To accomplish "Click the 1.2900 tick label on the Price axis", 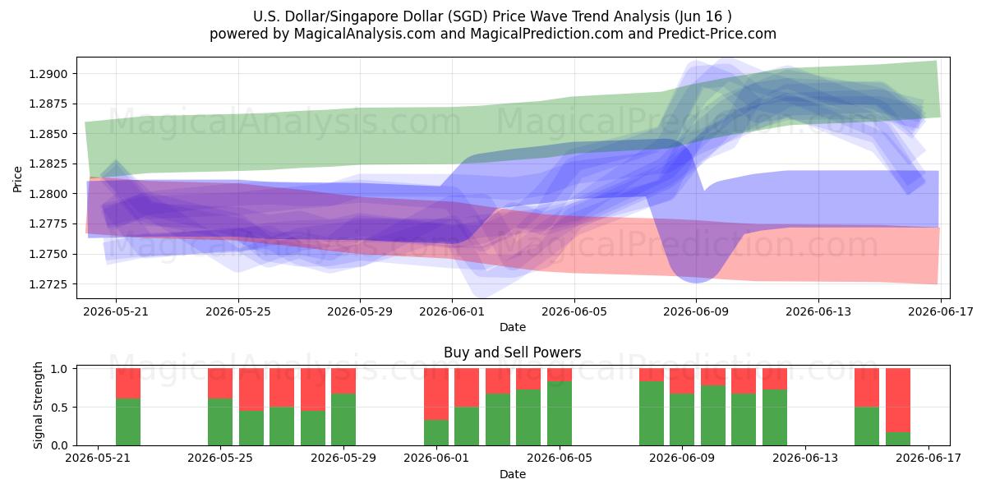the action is (x=48, y=74).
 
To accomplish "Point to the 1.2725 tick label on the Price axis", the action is (x=48, y=284).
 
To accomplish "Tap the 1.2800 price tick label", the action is (x=48, y=194).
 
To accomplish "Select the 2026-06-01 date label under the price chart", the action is (x=452, y=311).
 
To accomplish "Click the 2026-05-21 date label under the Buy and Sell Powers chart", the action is (x=97, y=458).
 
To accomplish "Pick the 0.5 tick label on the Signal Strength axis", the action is (x=59, y=408).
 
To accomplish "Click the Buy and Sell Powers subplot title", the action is (x=513, y=352).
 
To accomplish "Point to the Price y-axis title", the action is (x=17, y=179).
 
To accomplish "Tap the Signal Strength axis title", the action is (x=39, y=405).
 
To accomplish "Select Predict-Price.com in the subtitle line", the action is (x=717, y=34).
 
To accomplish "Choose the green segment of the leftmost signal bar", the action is (x=128, y=422).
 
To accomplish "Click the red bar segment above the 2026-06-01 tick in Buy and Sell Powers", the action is (x=436, y=394).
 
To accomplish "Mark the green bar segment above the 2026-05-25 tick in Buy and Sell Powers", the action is (x=220, y=422).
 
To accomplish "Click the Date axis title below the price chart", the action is (x=513, y=328).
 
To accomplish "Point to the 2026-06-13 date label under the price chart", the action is (x=818, y=311).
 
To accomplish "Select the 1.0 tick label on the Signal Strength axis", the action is (x=59, y=369).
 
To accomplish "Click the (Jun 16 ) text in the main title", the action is (x=703, y=16).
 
